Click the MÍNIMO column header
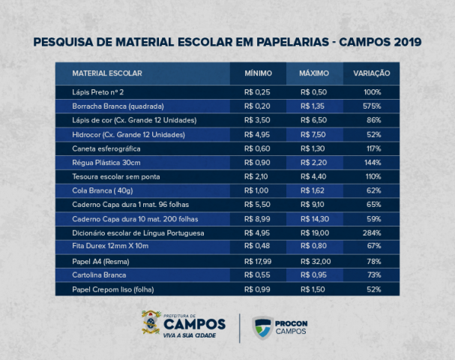point(259,73)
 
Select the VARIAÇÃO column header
point(372,73)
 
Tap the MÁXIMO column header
point(314,73)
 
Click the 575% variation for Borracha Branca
point(372,106)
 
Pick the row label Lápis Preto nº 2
point(97,92)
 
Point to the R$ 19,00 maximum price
point(315,233)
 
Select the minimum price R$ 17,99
point(258,262)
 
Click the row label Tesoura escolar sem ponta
point(115,177)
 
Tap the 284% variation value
point(372,233)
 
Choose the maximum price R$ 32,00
point(316,262)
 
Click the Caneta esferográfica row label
point(106,149)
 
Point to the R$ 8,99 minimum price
point(257,219)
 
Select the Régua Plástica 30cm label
point(106,163)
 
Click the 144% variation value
point(373,163)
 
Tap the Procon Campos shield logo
point(262,328)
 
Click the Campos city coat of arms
point(151,322)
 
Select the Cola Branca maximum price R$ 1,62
point(313,190)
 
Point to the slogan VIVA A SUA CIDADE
point(190,335)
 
